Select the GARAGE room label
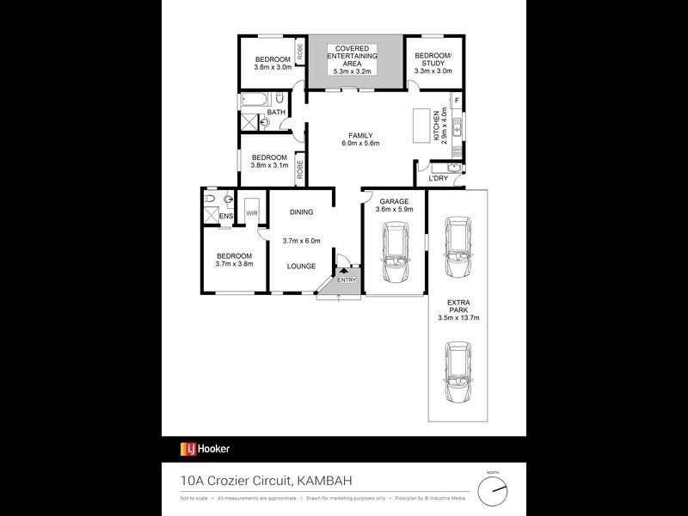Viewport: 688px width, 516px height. (393, 201)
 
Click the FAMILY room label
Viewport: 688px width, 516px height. (360, 135)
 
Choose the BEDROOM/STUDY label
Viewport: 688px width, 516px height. (433, 60)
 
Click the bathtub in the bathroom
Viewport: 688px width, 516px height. (255, 100)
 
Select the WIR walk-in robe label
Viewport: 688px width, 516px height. (253, 212)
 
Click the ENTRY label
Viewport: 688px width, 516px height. (346, 279)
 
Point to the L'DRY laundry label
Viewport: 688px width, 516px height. (439, 178)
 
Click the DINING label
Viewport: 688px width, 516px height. (301, 212)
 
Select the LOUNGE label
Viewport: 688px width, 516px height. (301, 267)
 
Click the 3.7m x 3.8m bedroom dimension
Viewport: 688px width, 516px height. (234, 265)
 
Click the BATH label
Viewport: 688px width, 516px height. (275, 113)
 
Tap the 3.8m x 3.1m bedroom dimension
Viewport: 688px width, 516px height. (268, 165)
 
